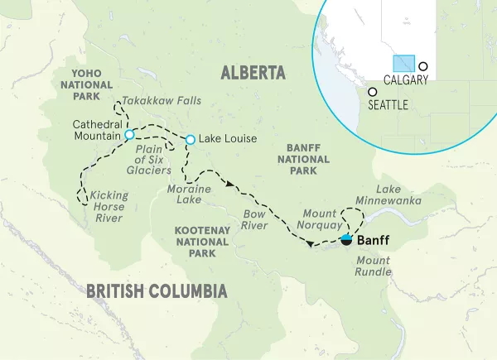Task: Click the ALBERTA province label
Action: point(253,74)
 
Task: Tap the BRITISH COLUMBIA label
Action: point(157,290)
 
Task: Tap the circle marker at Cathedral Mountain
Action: point(128,135)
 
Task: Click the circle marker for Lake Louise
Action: point(191,139)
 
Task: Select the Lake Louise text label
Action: point(228,139)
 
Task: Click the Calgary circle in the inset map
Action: point(423,66)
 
